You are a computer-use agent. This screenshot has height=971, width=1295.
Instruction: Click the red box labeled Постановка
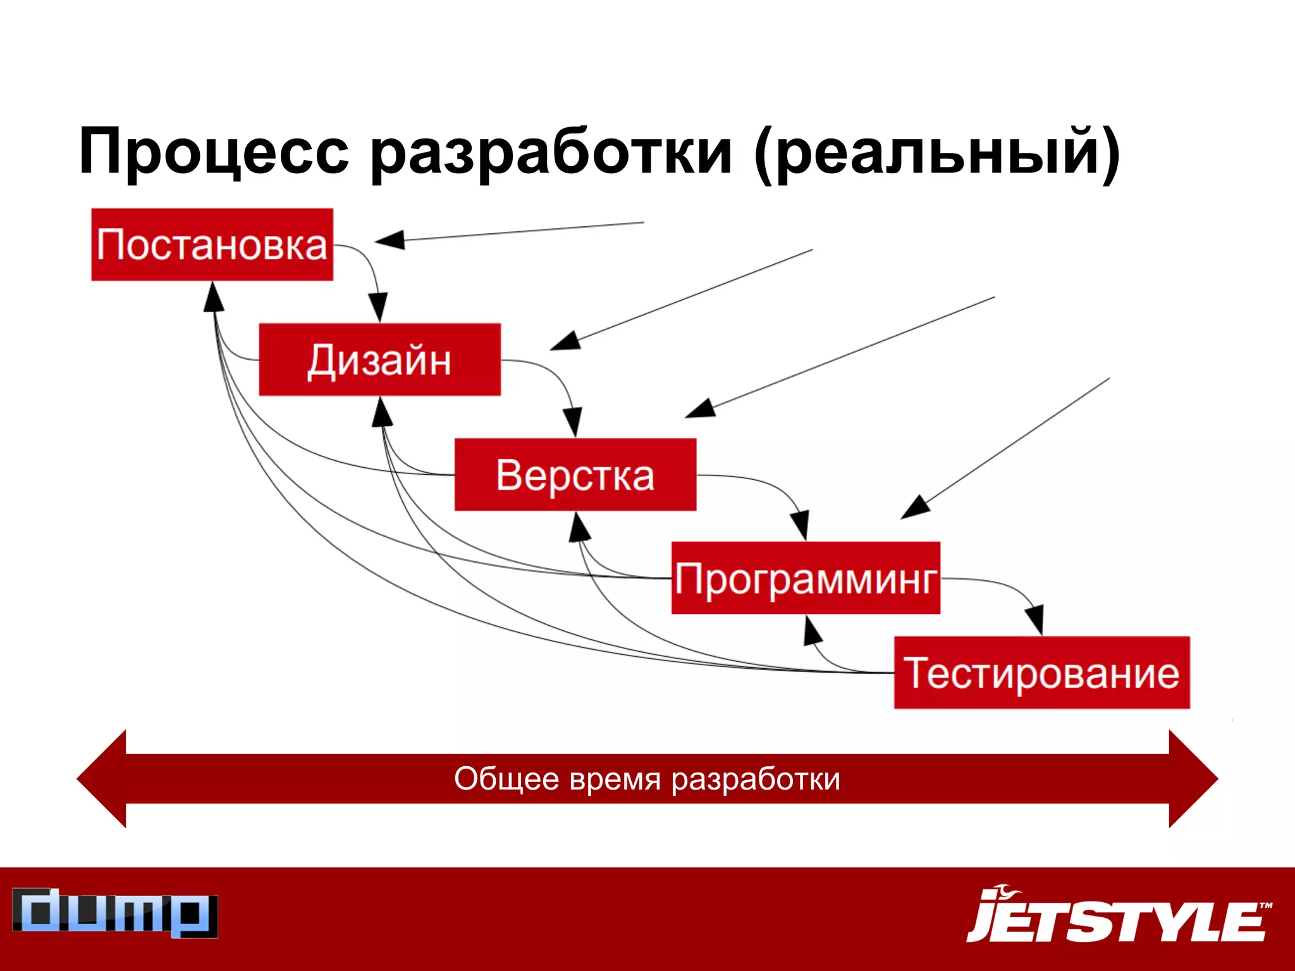click(x=212, y=245)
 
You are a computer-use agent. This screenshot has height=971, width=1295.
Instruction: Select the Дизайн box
click(x=379, y=360)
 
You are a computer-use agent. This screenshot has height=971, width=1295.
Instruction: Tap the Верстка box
click(x=575, y=475)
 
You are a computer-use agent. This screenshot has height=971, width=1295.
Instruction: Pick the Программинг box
click(x=805, y=578)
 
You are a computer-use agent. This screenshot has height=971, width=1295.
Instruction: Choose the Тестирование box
click(x=1041, y=673)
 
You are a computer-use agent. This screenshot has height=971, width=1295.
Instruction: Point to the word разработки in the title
click(x=551, y=152)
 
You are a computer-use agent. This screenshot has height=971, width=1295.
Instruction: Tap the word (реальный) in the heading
click(x=936, y=152)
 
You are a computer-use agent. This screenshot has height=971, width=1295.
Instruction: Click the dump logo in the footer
click(x=115, y=913)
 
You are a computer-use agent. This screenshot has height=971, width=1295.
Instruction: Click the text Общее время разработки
click(x=647, y=779)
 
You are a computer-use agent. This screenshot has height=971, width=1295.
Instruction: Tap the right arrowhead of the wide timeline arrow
click(x=1193, y=779)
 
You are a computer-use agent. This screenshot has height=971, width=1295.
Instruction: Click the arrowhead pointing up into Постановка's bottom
click(x=213, y=297)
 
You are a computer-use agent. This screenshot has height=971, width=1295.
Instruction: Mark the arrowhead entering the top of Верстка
click(x=573, y=422)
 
